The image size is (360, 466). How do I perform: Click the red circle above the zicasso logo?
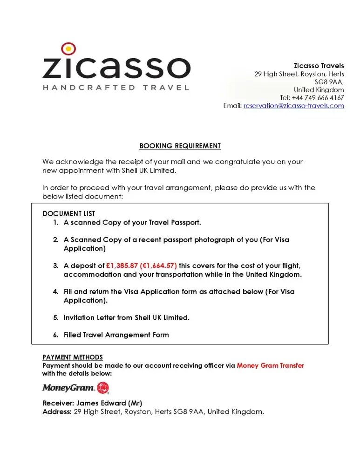68,48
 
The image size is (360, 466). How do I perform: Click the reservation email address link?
293,106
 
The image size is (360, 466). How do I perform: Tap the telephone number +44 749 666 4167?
318,98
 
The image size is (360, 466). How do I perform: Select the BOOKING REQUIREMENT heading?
180,146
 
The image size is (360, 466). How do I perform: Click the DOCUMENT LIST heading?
68,214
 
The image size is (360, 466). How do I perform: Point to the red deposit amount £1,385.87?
122,266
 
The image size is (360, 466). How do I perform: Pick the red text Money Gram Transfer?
270,366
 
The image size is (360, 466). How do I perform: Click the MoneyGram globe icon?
103,388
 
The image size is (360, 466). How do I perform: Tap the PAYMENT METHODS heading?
72,358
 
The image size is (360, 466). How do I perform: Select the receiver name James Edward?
99,403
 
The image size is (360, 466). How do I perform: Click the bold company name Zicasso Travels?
319,66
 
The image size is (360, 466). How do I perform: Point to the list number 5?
55,318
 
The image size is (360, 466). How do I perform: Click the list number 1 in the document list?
55,223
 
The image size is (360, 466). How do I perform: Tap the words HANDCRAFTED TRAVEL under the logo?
116,87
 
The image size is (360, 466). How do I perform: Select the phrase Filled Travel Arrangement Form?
116,335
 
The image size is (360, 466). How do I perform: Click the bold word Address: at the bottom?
57,412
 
